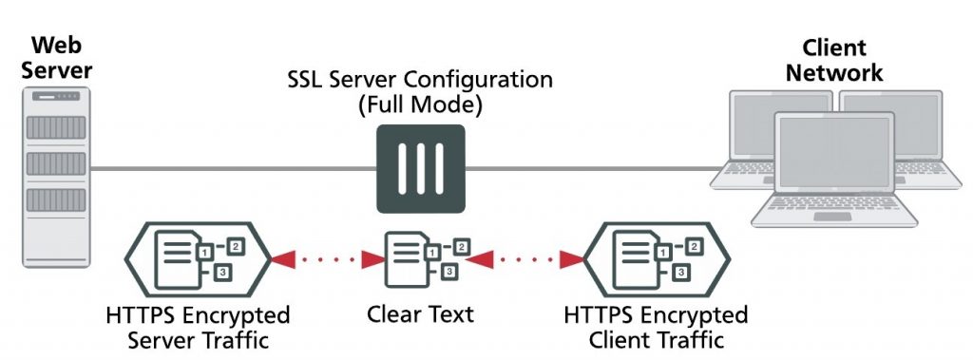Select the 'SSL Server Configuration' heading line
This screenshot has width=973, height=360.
click(x=420, y=79)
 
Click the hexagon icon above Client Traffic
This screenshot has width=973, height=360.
click(x=656, y=257)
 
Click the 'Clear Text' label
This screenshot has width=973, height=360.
click(x=420, y=314)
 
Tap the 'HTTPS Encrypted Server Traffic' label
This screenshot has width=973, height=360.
click(x=198, y=326)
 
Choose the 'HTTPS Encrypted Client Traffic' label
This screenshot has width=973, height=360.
click(x=656, y=326)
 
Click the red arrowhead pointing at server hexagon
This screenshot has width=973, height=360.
click(x=282, y=257)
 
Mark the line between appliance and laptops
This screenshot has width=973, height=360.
click(x=589, y=169)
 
